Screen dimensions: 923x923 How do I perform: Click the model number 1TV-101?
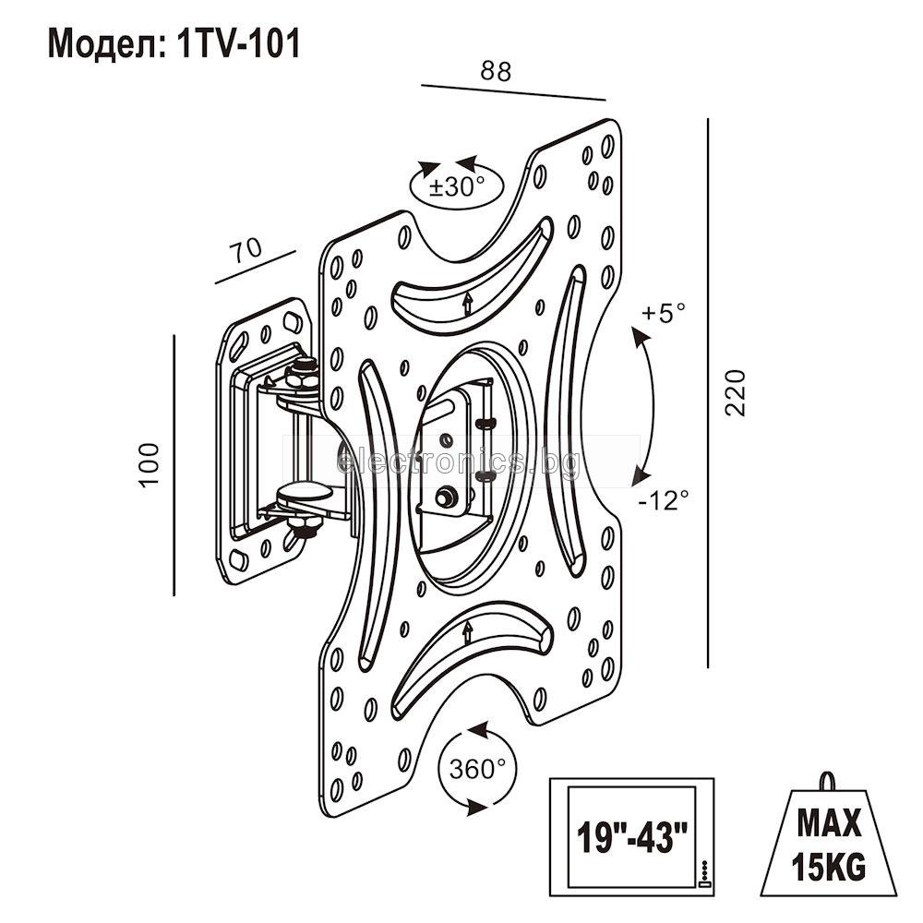tap(237, 44)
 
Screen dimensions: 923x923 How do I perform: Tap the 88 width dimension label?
tap(496, 71)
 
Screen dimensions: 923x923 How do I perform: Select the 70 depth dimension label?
tap(246, 250)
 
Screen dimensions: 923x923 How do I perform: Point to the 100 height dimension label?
tap(150, 464)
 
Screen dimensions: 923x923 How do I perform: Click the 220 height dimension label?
tap(734, 392)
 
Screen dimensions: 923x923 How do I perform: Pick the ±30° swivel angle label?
tap(456, 186)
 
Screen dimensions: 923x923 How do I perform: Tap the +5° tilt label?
tap(664, 313)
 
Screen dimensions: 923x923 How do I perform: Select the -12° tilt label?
tap(664, 500)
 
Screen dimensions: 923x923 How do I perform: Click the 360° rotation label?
tap(477, 769)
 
